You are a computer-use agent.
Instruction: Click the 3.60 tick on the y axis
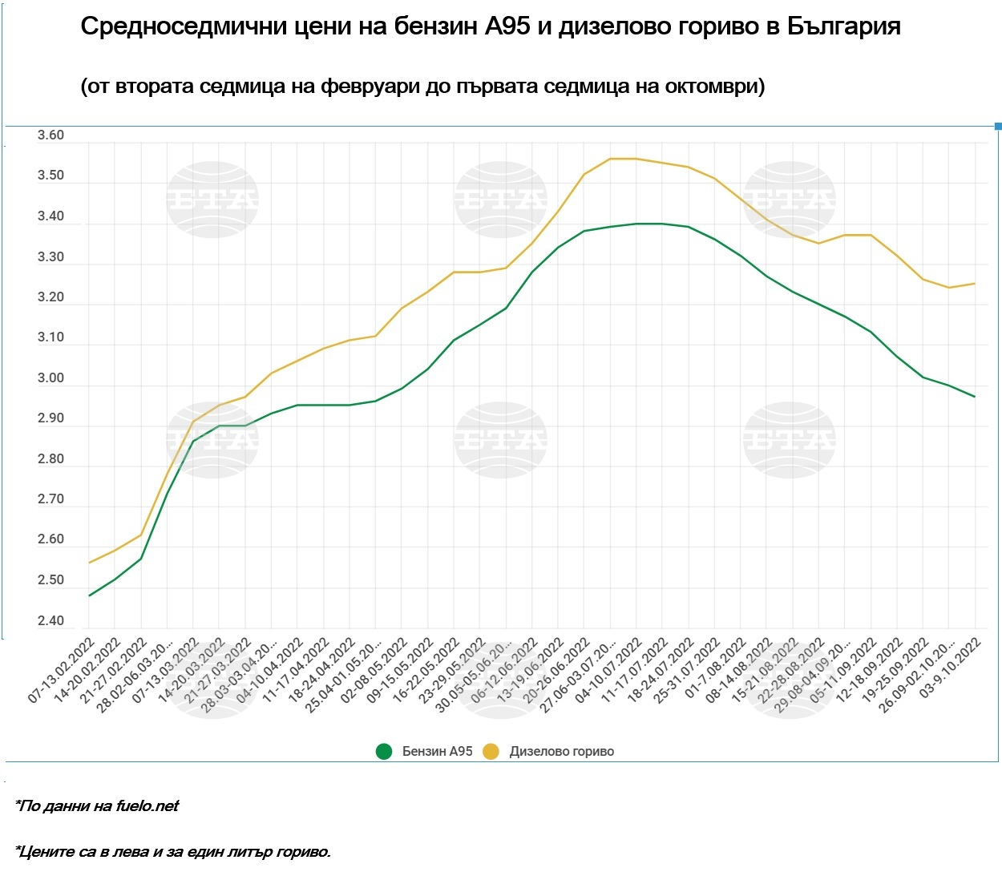[x=51, y=135]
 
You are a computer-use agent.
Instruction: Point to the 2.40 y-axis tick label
[x=51, y=621]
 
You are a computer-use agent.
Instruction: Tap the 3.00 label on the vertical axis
[x=51, y=378]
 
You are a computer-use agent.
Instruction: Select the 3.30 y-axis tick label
[x=51, y=257]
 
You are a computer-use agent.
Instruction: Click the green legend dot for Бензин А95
[x=384, y=752]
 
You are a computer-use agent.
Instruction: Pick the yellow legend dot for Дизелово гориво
[x=491, y=752]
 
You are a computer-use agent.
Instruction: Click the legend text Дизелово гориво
[x=561, y=752]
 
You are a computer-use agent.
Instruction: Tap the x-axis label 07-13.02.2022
[x=62, y=671]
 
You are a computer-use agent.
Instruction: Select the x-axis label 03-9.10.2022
[x=951, y=668]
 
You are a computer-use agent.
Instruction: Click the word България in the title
[x=843, y=26]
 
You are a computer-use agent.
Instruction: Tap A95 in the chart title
[x=507, y=26]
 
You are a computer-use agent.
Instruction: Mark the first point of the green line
[x=89, y=595]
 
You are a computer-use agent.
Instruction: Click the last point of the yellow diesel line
[x=975, y=283]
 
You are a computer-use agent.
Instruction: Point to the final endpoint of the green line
[x=975, y=397]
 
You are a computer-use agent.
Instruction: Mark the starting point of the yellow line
[x=89, y=563]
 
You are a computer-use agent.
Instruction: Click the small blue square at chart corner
[x=998, y=126]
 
